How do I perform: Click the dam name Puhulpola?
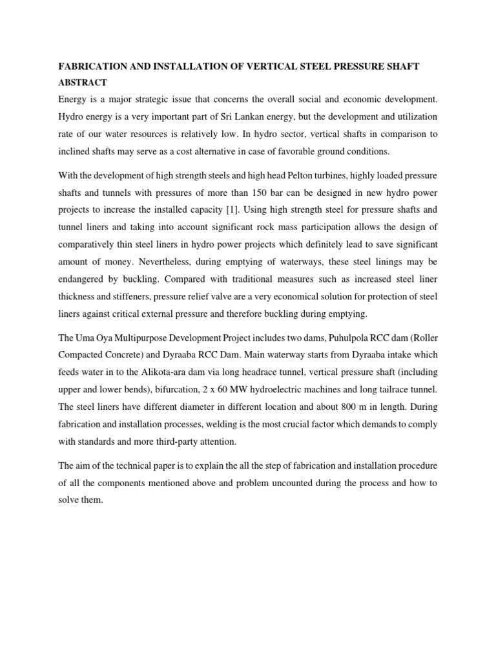[x=338, y=337]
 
